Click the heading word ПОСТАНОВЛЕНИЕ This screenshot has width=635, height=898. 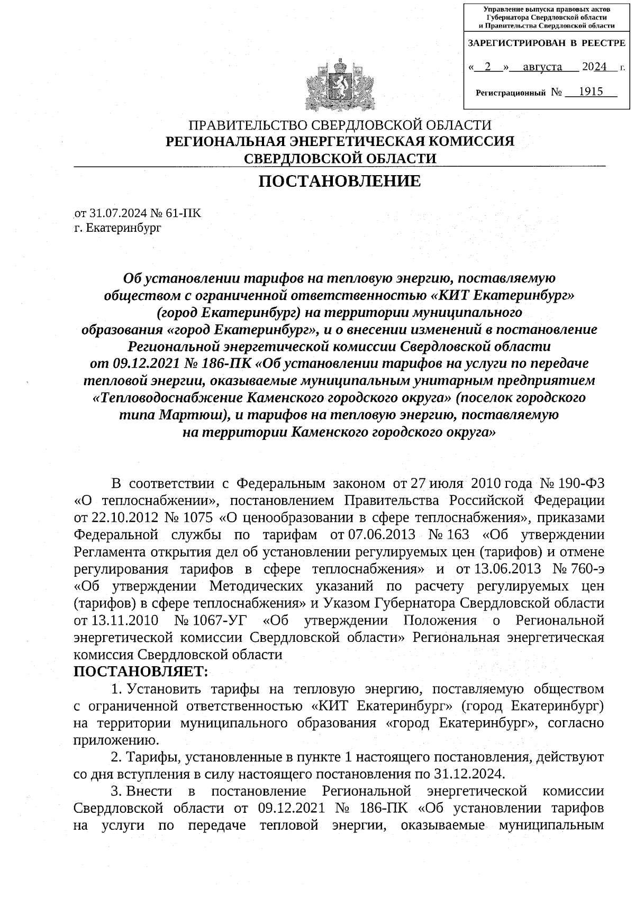pos(339,182)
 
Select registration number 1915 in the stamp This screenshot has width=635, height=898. pos(591,92)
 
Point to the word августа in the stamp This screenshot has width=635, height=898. pos(542,67)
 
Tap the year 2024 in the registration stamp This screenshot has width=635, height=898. pos(594,67)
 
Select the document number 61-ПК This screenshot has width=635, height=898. pos(184,213)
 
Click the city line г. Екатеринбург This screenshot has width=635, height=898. pos(117,228)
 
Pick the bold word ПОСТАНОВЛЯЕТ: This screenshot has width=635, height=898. pos(141,672)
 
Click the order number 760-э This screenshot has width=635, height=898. pos(588,569)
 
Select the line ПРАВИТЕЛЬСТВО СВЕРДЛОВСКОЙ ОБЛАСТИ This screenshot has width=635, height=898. pos(340,125)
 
